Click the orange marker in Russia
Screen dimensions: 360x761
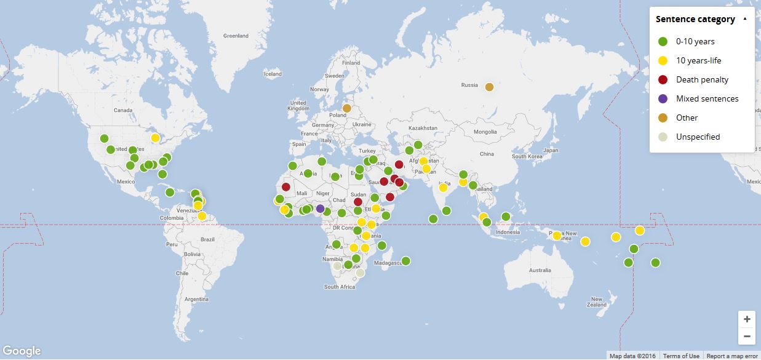(x=489, y=87)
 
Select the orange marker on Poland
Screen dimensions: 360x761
(x=346, y=108)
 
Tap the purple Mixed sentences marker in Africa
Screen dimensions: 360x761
(x=320, y=209)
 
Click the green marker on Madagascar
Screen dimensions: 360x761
(x=405, y=261)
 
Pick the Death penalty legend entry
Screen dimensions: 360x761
(x=702, y=79)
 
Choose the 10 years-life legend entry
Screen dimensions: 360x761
(x=698, y=60)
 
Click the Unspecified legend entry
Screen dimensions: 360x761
(x=698, y=137)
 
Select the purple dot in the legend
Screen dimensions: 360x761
(x=663, y=98)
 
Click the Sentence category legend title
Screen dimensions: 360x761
(x=695, y=19)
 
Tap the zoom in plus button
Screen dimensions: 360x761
(x=747, y=319)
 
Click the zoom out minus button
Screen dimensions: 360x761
(x=747, y=336)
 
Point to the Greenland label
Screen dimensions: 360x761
(x=236, y=36)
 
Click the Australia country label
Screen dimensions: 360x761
(x=540, y=270)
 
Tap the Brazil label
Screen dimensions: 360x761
(x=207, y=239)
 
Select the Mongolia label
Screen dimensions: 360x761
(x=485, y=132)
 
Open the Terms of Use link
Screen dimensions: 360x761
(x=681, y=356)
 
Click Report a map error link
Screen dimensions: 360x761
(x=732, y=356)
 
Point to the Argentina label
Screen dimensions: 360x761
(x=197, y=299)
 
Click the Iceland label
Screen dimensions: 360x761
(x=273, y=74)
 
